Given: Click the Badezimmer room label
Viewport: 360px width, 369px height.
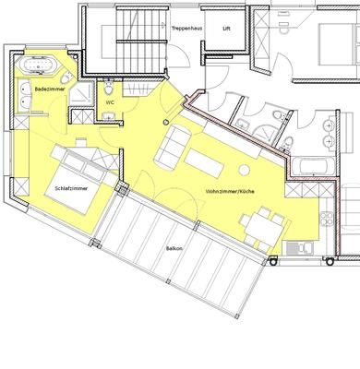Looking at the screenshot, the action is (x=50, y=89).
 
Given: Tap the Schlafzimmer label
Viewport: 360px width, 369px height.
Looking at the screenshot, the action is (x=71, y=188).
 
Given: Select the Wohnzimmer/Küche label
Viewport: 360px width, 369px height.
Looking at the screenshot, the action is (x=230, y=191).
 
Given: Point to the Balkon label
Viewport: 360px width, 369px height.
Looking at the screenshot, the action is (x=174, y=248).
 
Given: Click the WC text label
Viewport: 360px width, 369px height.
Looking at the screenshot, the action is (x=110, y=102).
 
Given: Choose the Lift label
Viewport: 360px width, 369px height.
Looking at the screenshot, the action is (x=226, y=29).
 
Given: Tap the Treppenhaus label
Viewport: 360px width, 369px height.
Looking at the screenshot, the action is (x=186, y=29).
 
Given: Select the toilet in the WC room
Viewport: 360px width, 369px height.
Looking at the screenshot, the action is (x=108, y=88).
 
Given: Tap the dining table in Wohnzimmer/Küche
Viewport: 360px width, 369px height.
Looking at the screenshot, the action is (x=265, y=228).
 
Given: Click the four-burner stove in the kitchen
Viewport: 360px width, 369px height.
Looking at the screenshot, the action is (x=326, y=219).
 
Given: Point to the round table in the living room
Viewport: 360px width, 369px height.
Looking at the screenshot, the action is (x=244, y=170).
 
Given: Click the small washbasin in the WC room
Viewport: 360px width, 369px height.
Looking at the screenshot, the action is (x=108, y=116).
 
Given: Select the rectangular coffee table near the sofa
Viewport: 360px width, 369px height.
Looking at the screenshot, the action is (x=204, y=162).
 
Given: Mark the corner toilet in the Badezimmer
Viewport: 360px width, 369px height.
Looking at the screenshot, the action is (x=66, y=78).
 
